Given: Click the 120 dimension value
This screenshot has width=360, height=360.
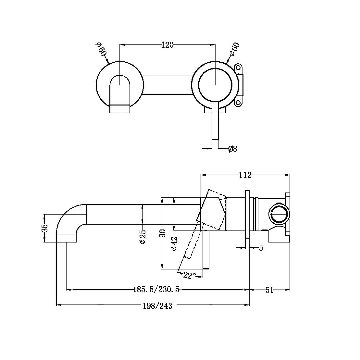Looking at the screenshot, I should [167, 45].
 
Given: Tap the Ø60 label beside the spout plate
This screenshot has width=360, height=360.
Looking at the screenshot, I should [101, 51].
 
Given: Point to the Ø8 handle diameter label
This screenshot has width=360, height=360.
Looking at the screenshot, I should [232, 149].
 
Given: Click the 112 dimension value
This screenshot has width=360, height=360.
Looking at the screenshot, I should [245, 175].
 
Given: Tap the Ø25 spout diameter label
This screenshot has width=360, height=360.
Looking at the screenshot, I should [143, 236].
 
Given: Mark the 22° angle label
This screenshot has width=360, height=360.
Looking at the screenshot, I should [189, 275].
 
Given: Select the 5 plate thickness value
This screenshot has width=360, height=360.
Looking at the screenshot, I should [261, 248].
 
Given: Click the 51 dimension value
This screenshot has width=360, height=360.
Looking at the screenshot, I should [269, 290].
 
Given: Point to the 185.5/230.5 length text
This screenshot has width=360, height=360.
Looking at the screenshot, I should [156, 290].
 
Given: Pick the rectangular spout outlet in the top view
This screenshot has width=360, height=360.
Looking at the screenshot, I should [119, 108].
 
